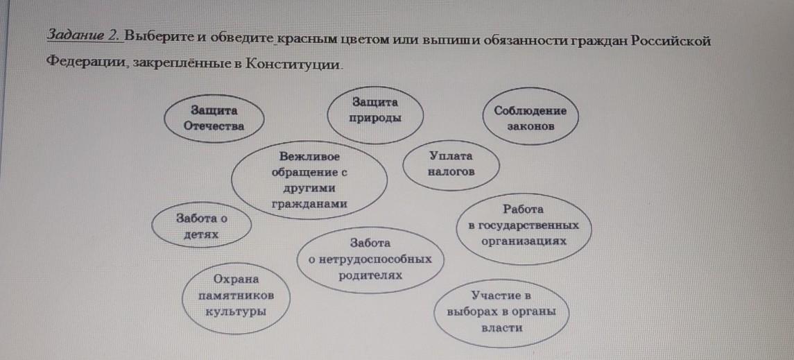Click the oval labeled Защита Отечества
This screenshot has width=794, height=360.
(214, 118)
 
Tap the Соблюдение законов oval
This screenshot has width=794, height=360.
(530, 119)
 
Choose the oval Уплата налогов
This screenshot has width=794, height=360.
(451, 164)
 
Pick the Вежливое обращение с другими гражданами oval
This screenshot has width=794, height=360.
(309, 179)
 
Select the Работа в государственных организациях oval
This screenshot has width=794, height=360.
(524, 225)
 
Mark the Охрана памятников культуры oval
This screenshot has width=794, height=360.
(236, 295)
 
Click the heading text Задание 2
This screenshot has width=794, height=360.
(83, 37)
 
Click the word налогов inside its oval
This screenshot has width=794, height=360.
(451, 171)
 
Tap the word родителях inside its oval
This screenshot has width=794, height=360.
(370, 275)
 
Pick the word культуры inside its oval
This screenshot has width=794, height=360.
(236, 311)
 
